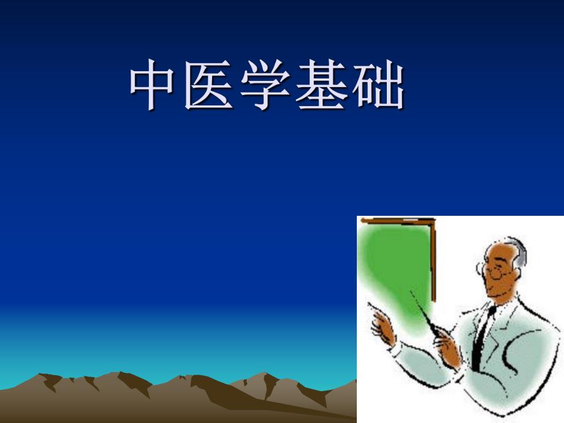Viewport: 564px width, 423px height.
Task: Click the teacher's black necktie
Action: point(484,331)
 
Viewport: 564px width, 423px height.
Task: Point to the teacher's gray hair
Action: point(519,251)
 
